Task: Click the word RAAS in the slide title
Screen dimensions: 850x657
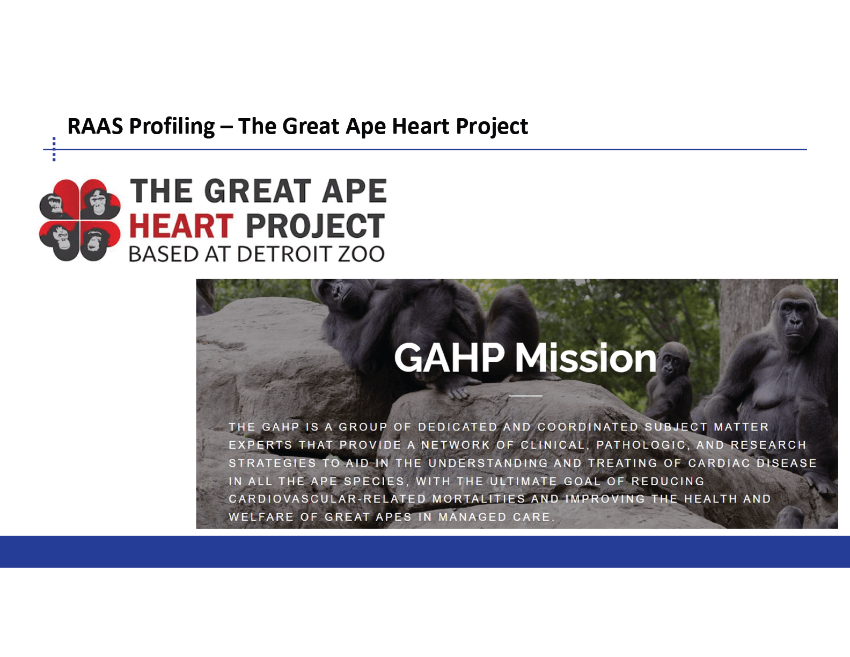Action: point(95,126)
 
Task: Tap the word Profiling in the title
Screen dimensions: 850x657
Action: point(172,127)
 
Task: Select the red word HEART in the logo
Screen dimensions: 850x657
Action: point(181,226)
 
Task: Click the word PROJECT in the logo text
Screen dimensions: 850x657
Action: point(316,226)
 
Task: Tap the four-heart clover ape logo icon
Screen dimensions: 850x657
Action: point(80,220)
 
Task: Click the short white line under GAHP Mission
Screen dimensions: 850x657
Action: point(525,396)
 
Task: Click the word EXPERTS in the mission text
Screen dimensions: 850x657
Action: point(260,445)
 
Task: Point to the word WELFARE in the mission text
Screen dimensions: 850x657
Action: point(261,517)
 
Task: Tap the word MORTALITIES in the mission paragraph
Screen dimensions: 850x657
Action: point(479,499)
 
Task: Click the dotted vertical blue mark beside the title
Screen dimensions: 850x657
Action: point(54,149)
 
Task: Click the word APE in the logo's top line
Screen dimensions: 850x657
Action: point(354,191)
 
